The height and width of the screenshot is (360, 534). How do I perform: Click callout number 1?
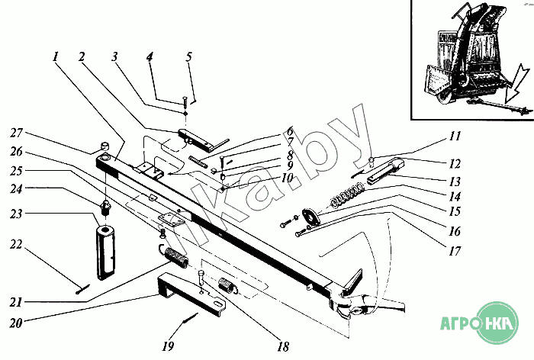click(x=56, y=56)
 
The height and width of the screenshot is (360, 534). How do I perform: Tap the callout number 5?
click(x=189, y=56)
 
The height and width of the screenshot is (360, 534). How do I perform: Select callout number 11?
click(x=455, y=136)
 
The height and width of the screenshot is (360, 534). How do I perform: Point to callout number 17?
click(x=455, y=252)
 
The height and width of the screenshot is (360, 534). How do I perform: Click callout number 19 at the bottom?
click(x=168, y=346)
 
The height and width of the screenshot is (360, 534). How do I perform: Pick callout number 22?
click(x=16, y=244)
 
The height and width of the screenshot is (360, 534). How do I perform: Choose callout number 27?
click(x=16, y=133)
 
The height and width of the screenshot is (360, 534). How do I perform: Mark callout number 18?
click(x=283, y=347)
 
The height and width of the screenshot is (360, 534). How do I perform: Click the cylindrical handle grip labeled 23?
click(x=106, y=252)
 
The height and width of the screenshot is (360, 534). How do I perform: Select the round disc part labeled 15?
click(x=311, y=217)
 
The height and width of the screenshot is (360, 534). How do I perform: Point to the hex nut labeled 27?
click(x=105, y=146)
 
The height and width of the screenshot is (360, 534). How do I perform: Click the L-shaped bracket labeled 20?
click(x=191, y=293)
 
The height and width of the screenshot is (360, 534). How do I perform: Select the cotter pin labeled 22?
click(x=82, y=289)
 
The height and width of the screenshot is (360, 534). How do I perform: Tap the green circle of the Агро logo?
click(x=497, y=323)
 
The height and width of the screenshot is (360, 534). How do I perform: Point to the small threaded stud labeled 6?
click(x=198, y=161)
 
